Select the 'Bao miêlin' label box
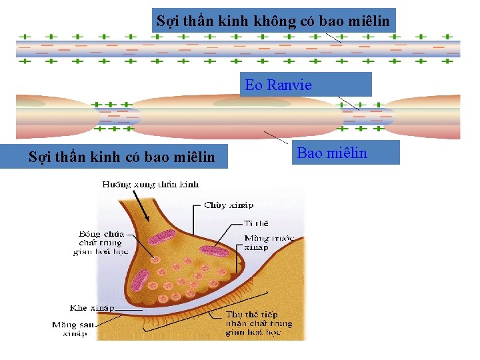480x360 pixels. click(x=332, y=153)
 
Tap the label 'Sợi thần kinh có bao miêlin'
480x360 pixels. click(x=122, y=157)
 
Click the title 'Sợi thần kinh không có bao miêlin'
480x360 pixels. click(x=273, y=21)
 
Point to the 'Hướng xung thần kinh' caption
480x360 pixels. click(x=150, y=183)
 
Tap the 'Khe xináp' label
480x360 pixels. click(x=92, y=308)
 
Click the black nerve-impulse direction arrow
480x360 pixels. click(x=139, y=201)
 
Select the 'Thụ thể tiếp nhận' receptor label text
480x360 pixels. click(x=259, y=323)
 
